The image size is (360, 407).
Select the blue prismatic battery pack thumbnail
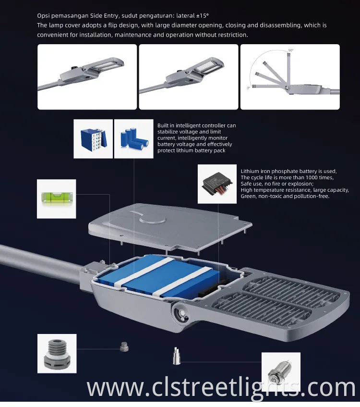tap(93, 139)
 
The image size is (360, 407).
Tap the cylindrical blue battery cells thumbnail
tap(134, 139)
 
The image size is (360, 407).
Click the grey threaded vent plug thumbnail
tap(57, 354)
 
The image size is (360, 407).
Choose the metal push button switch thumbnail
tap(281, 370)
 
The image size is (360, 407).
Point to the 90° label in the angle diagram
tap(291, 50)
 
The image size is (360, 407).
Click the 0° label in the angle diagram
tap(248, 88)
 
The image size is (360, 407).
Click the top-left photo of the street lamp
tap(87, 77)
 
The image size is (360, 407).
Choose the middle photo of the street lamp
tap(189, 77)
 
